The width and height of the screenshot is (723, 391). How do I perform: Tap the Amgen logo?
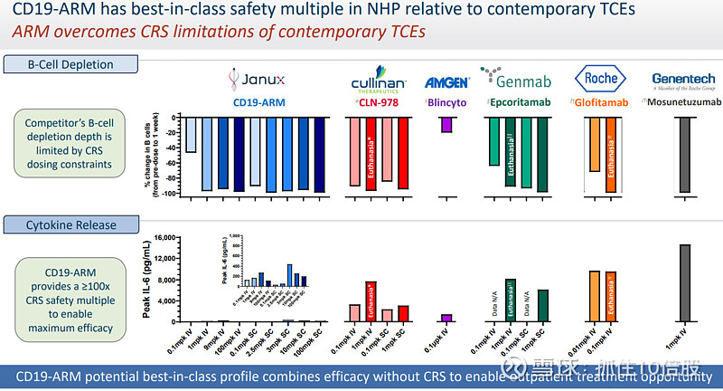point(446,82)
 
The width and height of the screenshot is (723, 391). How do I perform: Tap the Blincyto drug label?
point(448,102)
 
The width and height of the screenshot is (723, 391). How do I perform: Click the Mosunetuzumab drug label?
point(683,102)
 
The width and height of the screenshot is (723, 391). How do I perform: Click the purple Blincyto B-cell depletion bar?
point(446,125)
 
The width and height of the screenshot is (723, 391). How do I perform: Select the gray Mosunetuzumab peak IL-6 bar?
point(684,282)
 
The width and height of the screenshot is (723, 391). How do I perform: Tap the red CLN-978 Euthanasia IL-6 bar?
point(371,301)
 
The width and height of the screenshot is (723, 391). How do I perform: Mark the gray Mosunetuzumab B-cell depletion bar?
point(684,155)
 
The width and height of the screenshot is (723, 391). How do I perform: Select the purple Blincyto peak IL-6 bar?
point(446,318)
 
